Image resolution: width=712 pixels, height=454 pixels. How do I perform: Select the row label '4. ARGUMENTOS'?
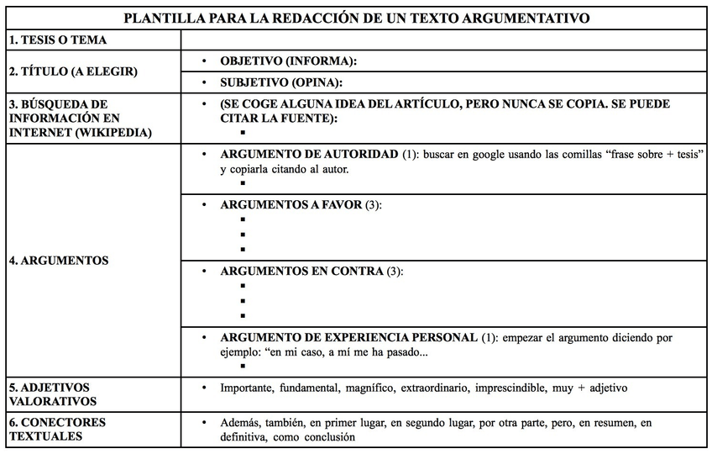(x=59, y=261)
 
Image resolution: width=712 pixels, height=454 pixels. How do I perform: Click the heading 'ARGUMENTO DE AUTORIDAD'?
(x=308, y=156)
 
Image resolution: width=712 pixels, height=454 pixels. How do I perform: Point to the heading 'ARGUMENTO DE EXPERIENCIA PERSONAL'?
(x=348, y=338)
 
